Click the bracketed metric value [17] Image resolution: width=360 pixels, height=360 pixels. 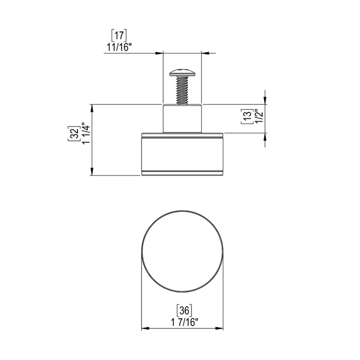[119, 35]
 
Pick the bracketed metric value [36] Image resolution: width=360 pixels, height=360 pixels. [183, 310]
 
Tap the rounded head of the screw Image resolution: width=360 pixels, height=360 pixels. [181, 72]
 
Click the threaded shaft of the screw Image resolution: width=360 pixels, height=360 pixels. [181, 90]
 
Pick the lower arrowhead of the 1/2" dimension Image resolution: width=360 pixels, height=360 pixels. [265, 137]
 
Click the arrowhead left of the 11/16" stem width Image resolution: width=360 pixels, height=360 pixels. [159, 53]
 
